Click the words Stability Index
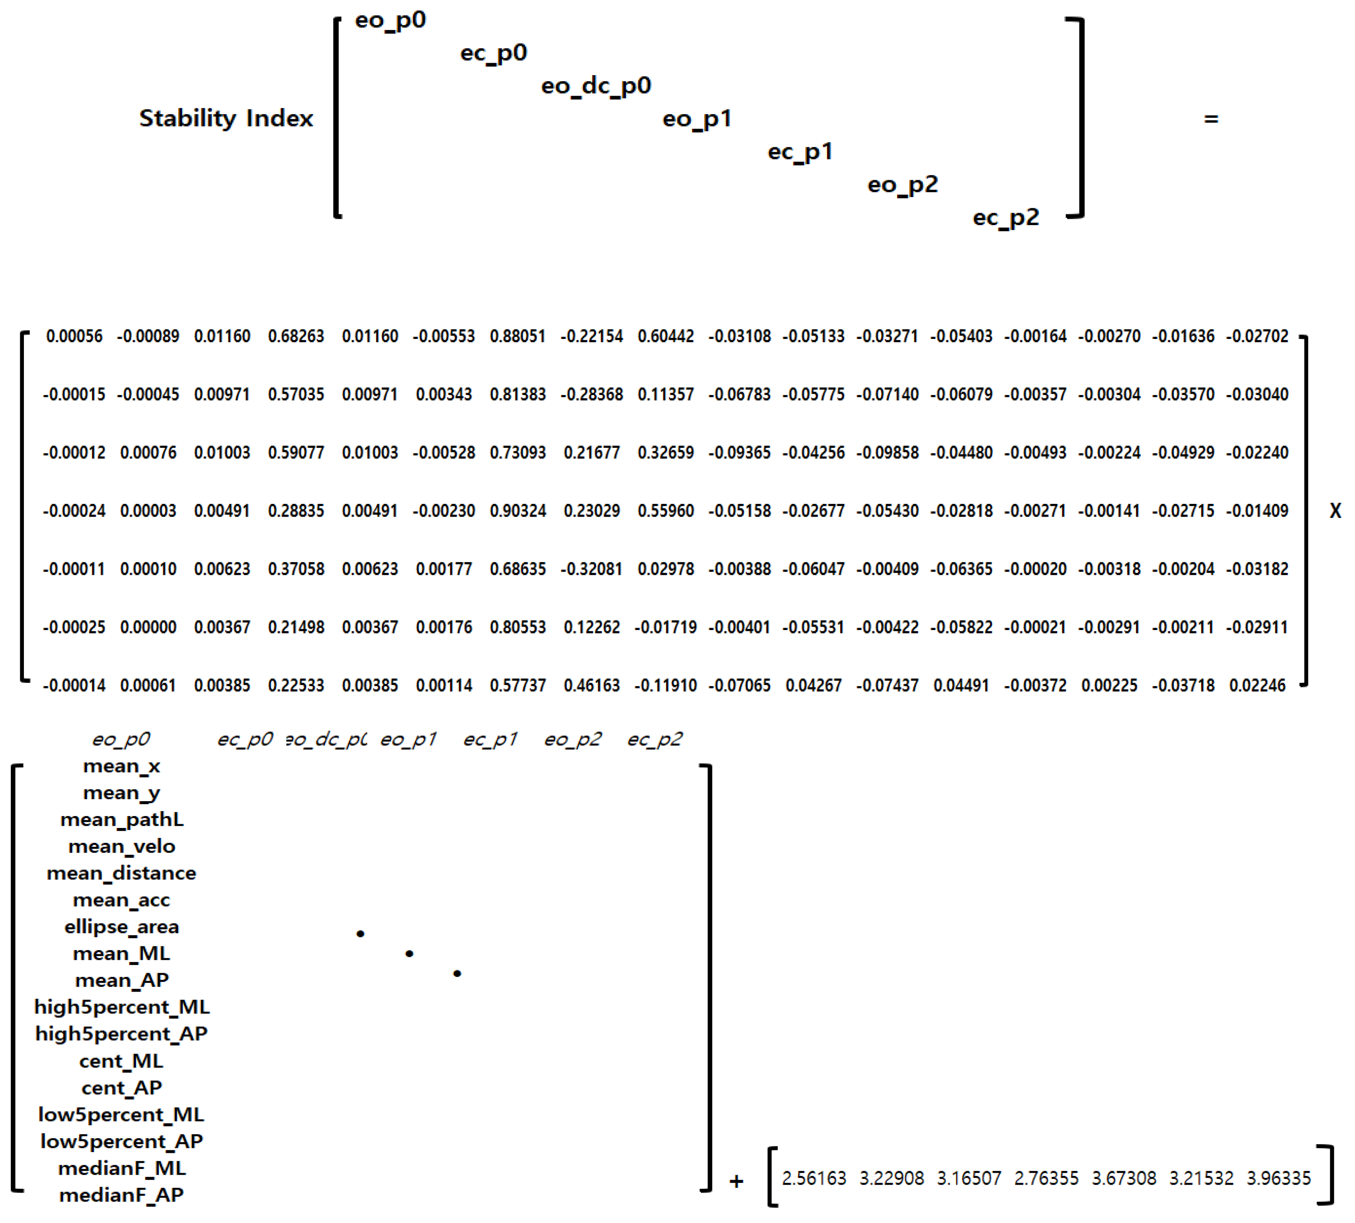click(226, 118)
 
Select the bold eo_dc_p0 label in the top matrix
click(596, 86)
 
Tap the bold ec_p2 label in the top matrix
click(1006, 218)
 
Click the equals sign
click(1211, 119)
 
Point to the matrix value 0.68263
click(296, 336)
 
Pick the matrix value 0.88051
click(518, 336)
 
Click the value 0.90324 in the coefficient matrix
click(518, 511)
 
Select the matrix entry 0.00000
click(148, 627)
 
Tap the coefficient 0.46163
click(591, 685)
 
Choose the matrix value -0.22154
click(591, 336)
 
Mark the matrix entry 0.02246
click(1257, 685)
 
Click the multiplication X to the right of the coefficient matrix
click(1335, 511)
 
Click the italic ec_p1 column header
click(490, 739)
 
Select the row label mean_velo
click(122, 846)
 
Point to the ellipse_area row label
click(122, 927)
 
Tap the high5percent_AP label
click(122, 1033)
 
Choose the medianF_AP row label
click(122, 1195)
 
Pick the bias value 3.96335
click(1278, 1178)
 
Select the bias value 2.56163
click(814, 1178)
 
